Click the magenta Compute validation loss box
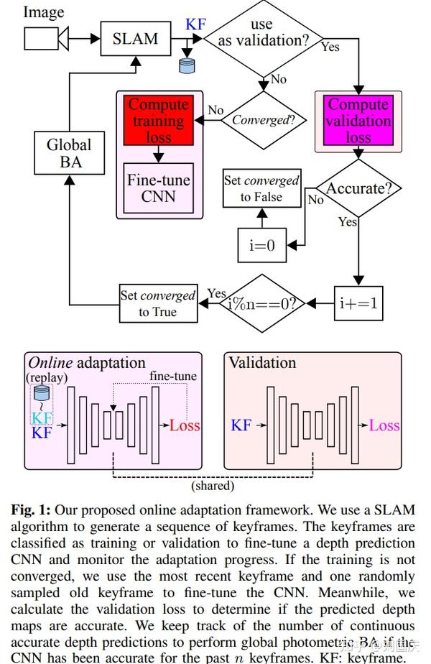[x=358, y=121]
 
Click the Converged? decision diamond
[x=264, y=120]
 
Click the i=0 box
[x=261, y=244]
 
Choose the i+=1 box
[x=357, y=303]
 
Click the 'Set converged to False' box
[x=261, y=188]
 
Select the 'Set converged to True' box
[x=158, y=303]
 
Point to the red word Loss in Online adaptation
[x=185, y=425]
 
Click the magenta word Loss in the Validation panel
[x=384, y=425]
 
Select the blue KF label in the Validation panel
[x=241, y=425]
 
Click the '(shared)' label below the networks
[x=213, y=485]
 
